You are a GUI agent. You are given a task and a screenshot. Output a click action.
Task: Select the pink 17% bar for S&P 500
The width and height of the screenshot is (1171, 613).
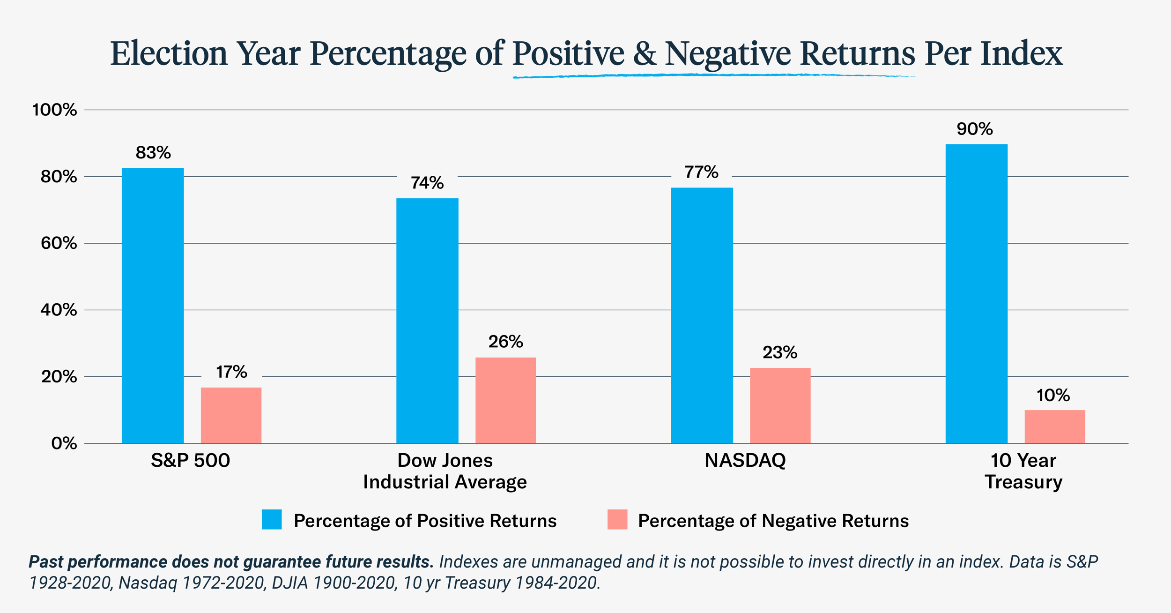(231, 415)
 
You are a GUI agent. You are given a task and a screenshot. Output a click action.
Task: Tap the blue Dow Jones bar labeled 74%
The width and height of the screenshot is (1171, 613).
(427, 321)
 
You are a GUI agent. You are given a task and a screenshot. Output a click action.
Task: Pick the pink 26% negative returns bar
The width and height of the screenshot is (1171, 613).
(505, 400)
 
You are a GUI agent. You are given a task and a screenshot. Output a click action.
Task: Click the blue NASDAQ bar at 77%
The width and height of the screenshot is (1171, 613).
(702, 315)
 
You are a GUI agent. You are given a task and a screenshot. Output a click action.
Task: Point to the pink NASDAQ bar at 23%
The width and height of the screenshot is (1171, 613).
(780, 405)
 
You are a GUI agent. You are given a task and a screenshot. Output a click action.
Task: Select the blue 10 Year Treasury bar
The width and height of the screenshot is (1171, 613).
(976, 293)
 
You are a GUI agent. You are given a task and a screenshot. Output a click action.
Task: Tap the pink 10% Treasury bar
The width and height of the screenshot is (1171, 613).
(1054, 426)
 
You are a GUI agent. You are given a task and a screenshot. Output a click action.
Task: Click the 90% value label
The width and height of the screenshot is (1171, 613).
(974, 129)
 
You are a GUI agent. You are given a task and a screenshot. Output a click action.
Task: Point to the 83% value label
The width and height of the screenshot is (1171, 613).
(153, 153)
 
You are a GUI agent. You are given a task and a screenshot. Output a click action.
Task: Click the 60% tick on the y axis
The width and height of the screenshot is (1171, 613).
(59, 243)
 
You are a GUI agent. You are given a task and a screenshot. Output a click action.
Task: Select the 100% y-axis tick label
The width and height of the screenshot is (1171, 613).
(54, 110)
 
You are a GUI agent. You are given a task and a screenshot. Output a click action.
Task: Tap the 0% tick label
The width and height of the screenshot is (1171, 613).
(64, 443)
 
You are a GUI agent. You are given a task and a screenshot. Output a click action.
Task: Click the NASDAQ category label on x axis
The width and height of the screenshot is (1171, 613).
(745, 461)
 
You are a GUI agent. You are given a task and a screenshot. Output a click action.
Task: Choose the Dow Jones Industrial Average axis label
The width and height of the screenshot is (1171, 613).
(445, 471)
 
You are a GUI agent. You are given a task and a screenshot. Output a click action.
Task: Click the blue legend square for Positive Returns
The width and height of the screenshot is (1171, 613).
(272, 520)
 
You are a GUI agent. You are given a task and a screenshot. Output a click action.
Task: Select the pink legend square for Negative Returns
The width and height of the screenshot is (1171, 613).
(617, 520)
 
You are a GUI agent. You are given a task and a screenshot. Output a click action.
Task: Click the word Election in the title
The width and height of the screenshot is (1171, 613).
(169, 53)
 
